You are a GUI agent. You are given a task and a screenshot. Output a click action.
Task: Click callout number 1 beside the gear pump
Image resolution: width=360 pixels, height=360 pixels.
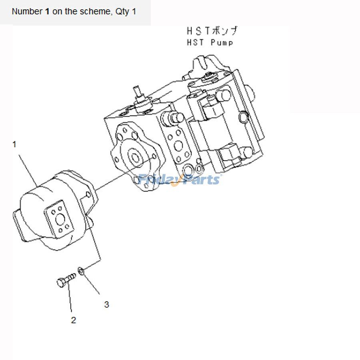[x=14, y=145]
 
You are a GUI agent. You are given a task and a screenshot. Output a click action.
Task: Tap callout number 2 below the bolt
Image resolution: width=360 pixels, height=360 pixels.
[x=74, y=320]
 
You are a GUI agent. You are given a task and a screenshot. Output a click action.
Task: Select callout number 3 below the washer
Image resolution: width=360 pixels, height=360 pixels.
[x=106, y=304]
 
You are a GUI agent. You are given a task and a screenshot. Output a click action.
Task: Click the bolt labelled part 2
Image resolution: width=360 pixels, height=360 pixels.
[x=66, y=280]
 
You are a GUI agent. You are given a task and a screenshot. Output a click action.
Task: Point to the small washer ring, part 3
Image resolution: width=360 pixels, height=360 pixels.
[x=81, y=271]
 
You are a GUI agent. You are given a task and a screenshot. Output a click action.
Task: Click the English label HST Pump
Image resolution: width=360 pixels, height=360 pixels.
[x=210, y=42]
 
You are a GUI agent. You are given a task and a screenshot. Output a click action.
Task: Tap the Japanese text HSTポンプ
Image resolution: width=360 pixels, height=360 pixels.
[x=212, y=31]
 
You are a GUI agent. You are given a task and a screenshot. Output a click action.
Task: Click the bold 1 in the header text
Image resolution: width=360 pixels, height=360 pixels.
[x=47, y=11]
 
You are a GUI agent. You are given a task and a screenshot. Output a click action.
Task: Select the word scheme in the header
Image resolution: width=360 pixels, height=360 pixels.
[x=96, y=11]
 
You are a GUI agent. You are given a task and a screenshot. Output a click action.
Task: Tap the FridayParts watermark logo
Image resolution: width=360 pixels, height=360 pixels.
[x=179, y=180]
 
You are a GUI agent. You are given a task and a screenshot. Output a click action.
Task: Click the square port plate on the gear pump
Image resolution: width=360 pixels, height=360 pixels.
[x=59, y=220]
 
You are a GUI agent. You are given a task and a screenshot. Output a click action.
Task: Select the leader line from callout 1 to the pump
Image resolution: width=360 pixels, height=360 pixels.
[x=28, y=170]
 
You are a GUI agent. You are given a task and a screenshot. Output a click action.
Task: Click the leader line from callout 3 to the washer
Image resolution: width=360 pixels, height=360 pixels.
[x=91, y=284]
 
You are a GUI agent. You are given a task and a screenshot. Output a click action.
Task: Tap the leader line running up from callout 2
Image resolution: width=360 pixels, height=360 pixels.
[x=70, y=297]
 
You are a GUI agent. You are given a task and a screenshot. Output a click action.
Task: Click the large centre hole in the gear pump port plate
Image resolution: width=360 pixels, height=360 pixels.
[x=60, y=220]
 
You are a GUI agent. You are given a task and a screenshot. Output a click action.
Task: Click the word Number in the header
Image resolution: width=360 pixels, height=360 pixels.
[x=27, y=11]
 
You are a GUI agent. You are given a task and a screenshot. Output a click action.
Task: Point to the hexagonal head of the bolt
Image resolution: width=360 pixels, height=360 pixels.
[x=61, y=282]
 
